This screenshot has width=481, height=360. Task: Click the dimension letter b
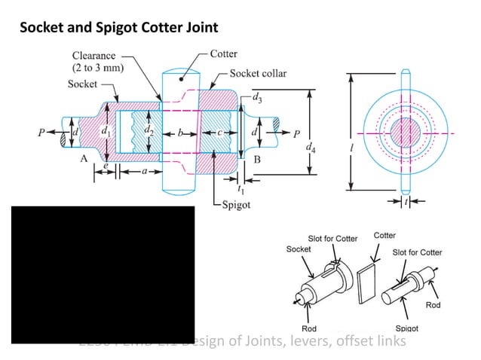(179, 133)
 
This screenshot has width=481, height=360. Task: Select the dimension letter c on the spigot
(219, 133)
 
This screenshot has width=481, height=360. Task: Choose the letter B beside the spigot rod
(257, 159)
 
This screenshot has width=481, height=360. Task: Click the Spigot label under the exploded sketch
(407, 328)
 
